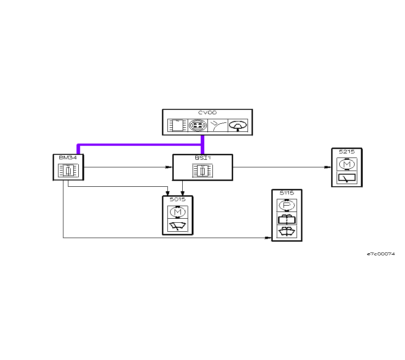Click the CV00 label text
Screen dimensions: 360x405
(x=207, y=113)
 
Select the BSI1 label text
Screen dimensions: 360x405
(x=202, y=158)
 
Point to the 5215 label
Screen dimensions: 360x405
(x=346, y=152)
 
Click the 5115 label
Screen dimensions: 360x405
(x=287, y=193)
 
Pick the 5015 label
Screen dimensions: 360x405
(x=177, y=199)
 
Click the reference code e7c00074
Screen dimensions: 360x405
(x=381, y=254)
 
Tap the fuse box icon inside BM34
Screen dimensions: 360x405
(x=68, y=171)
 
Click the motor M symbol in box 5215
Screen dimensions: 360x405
(x=346, y=164)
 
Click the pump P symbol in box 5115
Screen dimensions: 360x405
(x=287, y=205)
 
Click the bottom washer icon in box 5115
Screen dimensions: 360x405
(x=287, y=232)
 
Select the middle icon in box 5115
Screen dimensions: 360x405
(x=287, y=219)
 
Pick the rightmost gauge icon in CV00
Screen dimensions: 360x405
(x=238, y=125)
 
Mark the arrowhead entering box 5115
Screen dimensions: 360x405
(x=269, y=238)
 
